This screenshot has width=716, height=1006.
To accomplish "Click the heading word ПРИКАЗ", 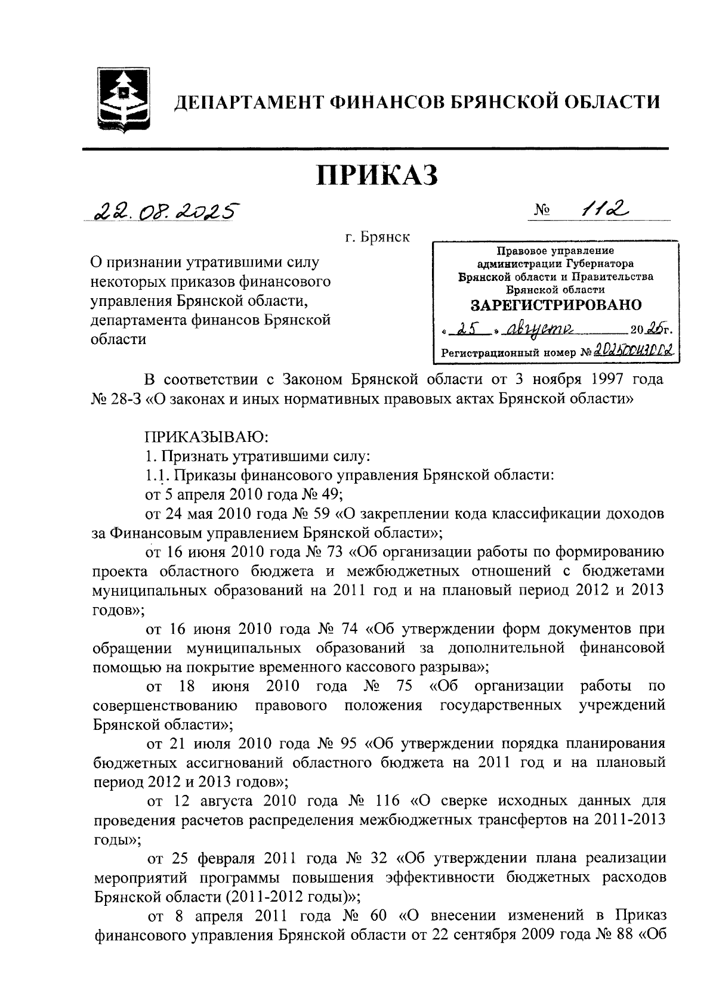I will click(376, 175).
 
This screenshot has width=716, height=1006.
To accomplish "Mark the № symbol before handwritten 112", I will click(542, 211).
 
